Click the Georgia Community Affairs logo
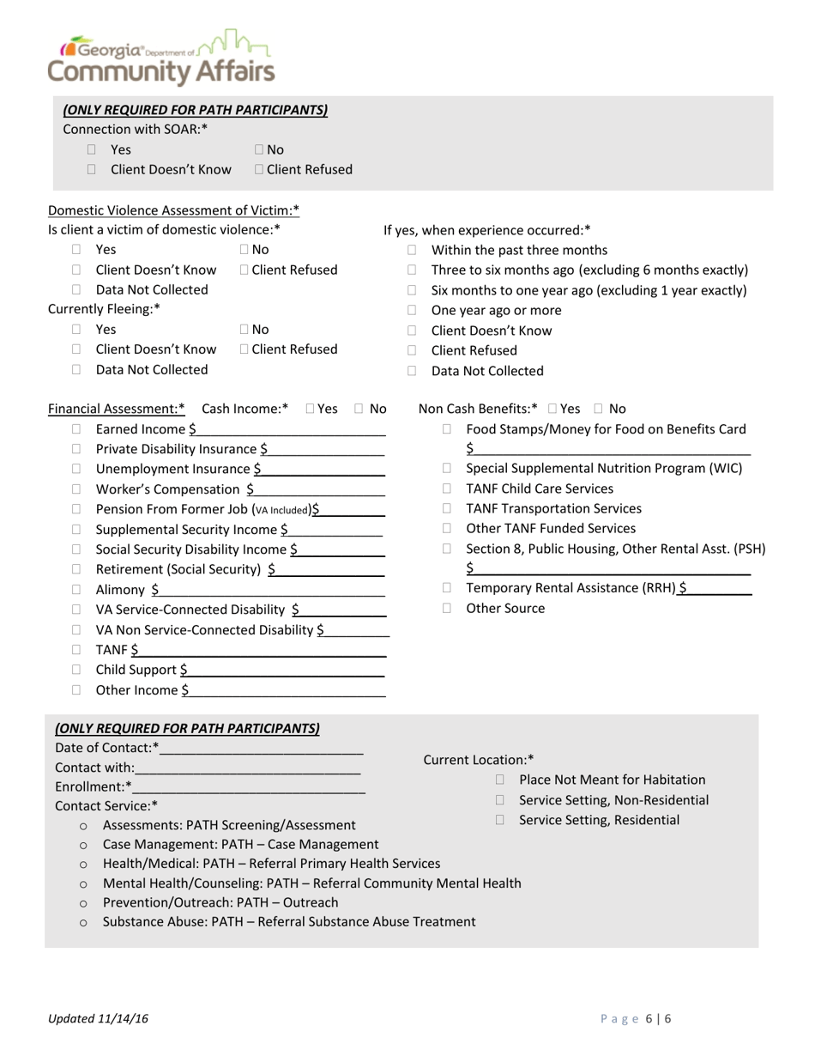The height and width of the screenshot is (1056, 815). click(161, 58)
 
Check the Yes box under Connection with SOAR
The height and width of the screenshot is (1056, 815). click(92, 150)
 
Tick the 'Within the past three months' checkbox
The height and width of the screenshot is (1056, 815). click(412, 251)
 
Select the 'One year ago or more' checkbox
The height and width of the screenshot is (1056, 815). click(412, 311)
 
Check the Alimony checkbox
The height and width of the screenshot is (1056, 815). click(76, 590)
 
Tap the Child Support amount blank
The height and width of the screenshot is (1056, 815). click(283, 671)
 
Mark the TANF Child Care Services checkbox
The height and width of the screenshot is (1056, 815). click(447, 489)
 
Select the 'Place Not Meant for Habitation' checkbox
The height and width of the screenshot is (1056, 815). click(500, 780)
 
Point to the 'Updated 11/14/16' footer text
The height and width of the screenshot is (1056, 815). click(99, 1019)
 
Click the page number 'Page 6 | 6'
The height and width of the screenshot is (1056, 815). click(636, 1019)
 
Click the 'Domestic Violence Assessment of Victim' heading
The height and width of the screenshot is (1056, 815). click(173, 210)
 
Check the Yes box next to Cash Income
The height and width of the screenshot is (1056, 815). click(311, 410)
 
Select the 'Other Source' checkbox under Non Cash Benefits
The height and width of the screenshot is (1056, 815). click(447, 609)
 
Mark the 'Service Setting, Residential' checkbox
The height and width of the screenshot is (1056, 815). click(500, 821)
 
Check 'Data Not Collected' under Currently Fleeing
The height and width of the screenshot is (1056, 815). click(76, 370)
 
